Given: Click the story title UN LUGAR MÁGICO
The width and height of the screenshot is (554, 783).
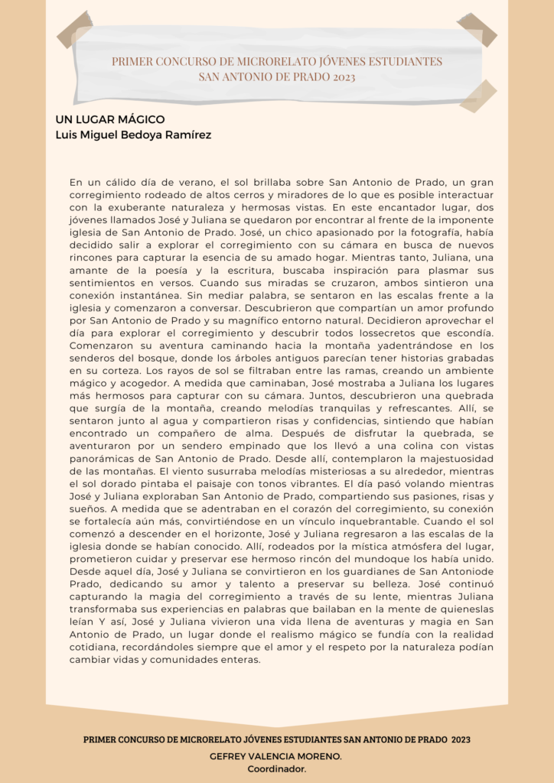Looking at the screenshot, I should click(x=110, y=120).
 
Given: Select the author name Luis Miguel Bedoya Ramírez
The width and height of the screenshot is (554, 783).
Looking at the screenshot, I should click(x=133, y=135).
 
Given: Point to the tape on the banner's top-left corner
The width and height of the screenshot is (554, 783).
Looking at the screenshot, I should click(x=74, y=29).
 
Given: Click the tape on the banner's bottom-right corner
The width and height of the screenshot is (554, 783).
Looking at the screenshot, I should click(x=478, y=96).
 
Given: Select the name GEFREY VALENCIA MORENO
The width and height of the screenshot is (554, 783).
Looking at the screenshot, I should click(x=275, y=755).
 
